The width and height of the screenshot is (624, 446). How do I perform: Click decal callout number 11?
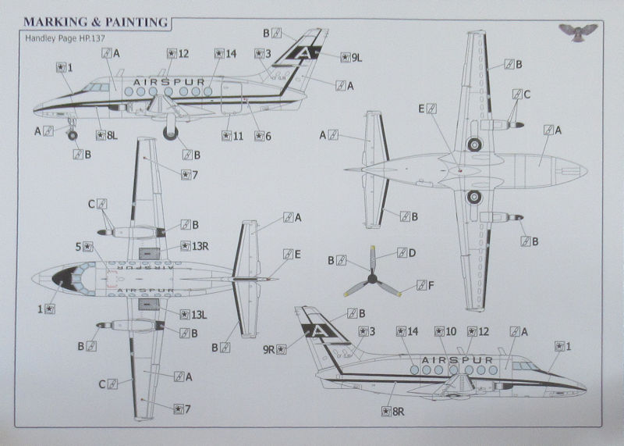point(232,136)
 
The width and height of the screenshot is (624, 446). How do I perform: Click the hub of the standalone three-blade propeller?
point(373,278)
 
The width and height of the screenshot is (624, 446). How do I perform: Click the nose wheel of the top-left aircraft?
point(73,136)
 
